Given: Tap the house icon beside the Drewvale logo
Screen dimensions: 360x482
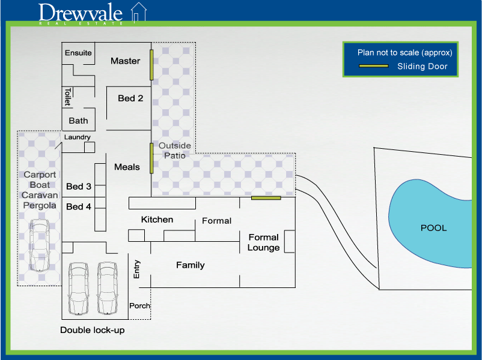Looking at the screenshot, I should pyautogui.click(x=139, y=13).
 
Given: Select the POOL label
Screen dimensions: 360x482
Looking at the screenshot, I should pyautogui.click(x=433, y=228).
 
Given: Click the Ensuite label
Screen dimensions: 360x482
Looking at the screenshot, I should pyautogui.click(x=78, y=53).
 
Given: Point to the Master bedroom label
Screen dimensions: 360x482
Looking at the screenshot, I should pyautogui.click(x=125, y=61).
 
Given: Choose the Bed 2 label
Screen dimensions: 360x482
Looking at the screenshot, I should pyautogui.click(x=130, y=98).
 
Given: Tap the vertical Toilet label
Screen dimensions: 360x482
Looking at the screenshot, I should pyautogui.click(x=68, y=97).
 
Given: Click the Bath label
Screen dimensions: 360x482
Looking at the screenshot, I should pyautogui.click(x=78, y=121).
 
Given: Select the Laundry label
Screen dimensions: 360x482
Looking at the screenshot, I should pyautogui.click(x=78, y=137).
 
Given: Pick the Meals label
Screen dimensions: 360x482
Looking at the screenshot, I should pyautogui.click(x=127, y=167).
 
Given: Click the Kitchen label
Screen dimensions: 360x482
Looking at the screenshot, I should pyautogui.click(x=157, y=220).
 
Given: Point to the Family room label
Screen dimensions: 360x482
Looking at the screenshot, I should pyautogui.click(x=190, y=265).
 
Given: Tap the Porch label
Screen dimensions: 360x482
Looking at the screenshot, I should pyautogui.click(x=139, y=306).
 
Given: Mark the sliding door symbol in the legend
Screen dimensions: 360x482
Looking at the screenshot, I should pyautogui.click(x=373, y=67).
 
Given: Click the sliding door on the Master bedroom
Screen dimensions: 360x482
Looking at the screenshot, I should pyautogui.click(x=151, y=65).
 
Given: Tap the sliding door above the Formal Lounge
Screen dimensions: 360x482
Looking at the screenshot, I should pyautogui.click(x=266, y=197).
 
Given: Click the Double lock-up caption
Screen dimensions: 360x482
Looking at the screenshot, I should pyautogui.click(x=93, y=331).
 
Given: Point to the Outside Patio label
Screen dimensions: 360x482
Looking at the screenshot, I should pyautogui.click(x=175, y=151).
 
